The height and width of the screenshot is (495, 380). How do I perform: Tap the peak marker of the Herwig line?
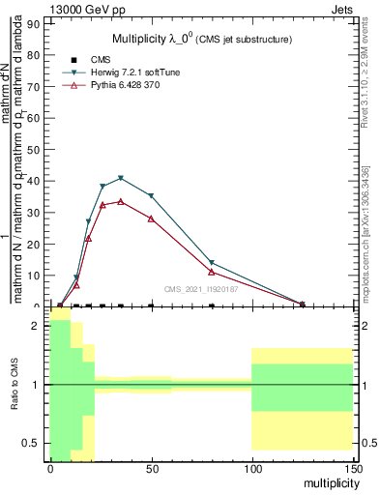tap(120, 178)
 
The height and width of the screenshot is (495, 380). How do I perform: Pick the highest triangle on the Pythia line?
tap(120, 201)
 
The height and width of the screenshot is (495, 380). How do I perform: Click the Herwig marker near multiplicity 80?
tap(212, 263)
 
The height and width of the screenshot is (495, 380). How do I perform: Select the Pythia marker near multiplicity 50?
tap(151, 218)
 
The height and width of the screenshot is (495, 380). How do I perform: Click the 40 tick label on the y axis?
tap(36, 181)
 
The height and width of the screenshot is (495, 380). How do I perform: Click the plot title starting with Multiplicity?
tap(201, 39)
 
